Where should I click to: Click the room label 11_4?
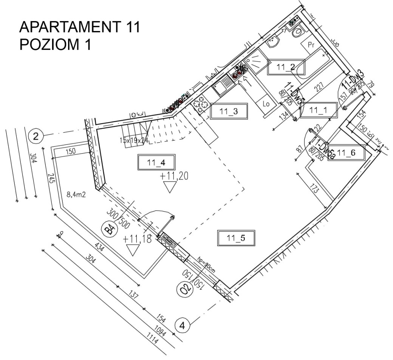pyautogui.click(x=156, y=163)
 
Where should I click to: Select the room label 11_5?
pyautogui.click(x=236, y=238)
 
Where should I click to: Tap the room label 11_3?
pyautogui.click(x=229, y=112)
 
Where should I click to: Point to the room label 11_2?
pyautogui.click(x=286, y=67)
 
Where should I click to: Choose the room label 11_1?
pyautogui.click(x=318, y=110)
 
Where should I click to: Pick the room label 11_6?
pyautogui.click(x=346, y=153)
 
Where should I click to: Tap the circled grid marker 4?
pyautogui.click(x=183, y=325)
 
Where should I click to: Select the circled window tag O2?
pyautogui.click(x=185, y=290)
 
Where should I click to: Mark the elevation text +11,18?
pyautogui.click(x=137, y=239)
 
